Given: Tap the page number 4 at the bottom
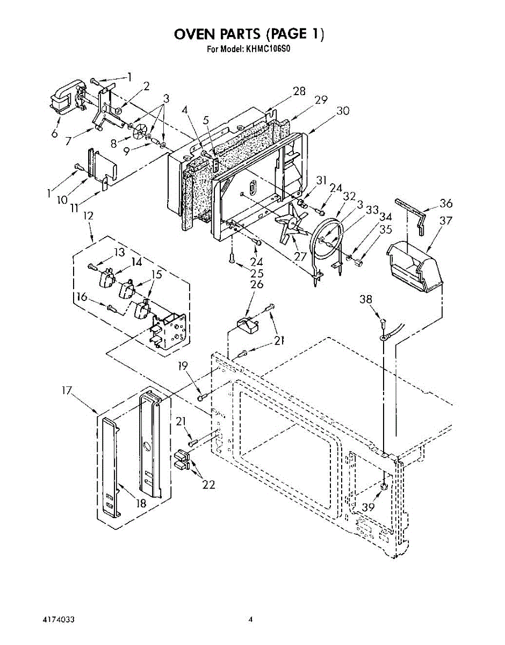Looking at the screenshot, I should pyautogui.click(x=250, y=620).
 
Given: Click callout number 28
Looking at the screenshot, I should pyautogui.click(x=299, y=91).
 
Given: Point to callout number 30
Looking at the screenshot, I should pyautogui.click(x=343, y=111).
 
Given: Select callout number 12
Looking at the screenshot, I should pyautogui.click(x=87, y=216).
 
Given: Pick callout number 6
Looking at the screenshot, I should pyautogui.click(x=55, y=134).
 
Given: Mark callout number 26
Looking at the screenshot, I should pyautogui.click(x=257, y=284).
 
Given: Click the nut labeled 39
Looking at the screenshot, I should pyautogui.click(x=385, y=486).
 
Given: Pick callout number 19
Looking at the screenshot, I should pyautogui.click(x=183, y=367).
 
